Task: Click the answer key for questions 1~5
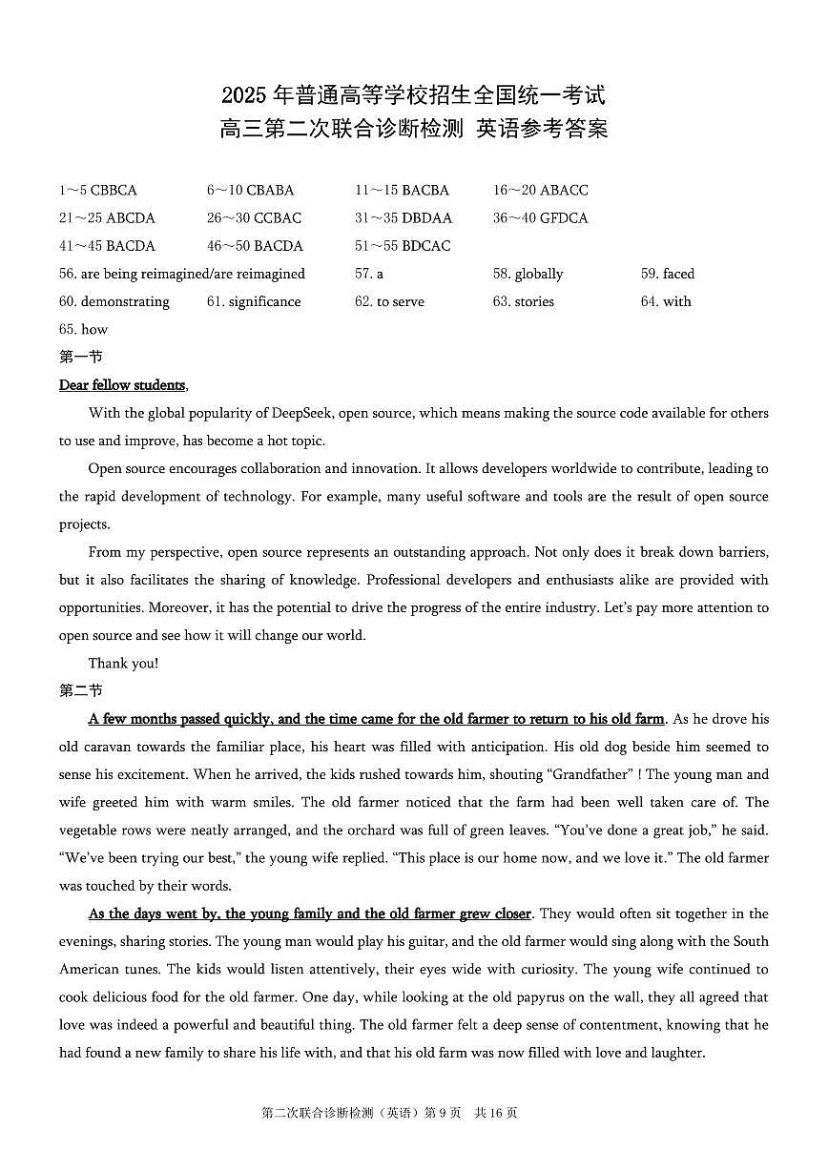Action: click(x=98, y=191)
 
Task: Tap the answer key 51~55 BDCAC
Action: click(x=403, y=246)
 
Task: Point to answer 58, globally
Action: click(x=528, y=274)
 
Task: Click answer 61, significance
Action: click(x=254, y=301)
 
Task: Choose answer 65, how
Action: click(x=84, y=330)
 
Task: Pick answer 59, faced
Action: click(x=668, y=274)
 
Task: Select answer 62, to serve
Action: click(x=389, y=301)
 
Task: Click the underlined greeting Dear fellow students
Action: click(x=122, y=385)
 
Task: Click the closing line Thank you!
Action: click(x=123, y=664)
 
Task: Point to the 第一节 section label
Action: click(x=80, y=358)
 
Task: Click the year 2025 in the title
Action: click(x=244, y=96)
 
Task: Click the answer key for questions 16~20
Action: click(x=540, y=191)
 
